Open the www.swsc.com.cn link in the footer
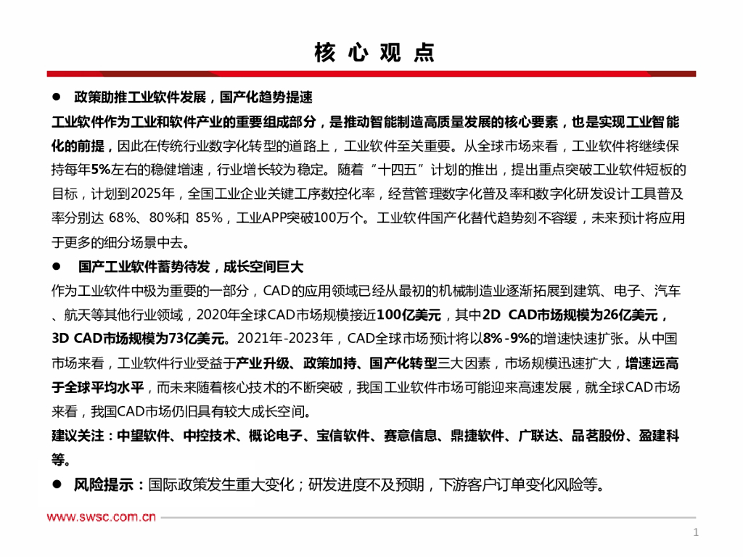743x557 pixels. point(102,517)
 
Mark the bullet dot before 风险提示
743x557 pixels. point(56,484)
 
